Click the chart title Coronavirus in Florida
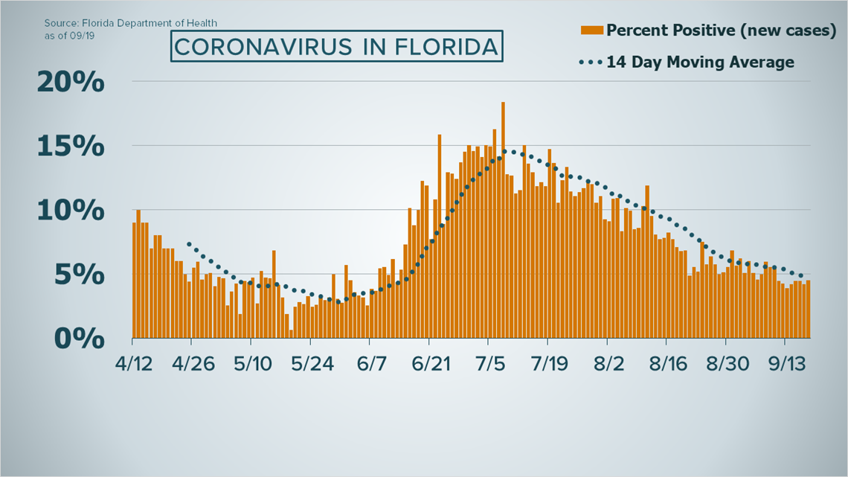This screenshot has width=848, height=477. [x=335, y=47]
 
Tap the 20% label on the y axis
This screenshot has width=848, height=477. [x=71, y=82]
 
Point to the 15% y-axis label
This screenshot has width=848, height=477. [x=71, y=146]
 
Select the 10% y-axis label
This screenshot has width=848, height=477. [x=71, y=210]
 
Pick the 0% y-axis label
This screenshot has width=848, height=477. [x=78, y=338]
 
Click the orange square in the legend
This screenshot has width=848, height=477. [x=591, y=30]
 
